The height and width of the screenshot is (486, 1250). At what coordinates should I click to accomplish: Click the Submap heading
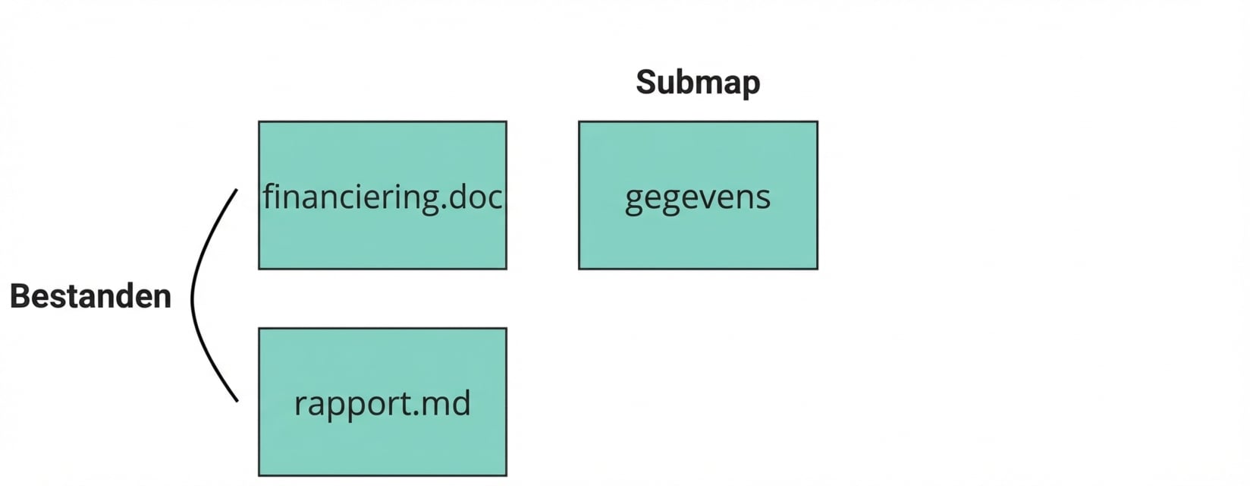pos(698,82)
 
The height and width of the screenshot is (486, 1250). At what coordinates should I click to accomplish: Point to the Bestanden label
pos(90,296)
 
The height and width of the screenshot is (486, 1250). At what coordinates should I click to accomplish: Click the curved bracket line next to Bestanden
pos(193,296)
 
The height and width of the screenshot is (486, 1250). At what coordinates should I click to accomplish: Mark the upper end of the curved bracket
pos(237,191)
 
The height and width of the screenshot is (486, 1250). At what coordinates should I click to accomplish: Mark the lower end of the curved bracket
pos(237,400)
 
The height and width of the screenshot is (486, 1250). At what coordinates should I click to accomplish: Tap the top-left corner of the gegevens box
pos(579,122)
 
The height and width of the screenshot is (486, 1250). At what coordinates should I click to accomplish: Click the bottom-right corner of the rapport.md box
pos(506,475)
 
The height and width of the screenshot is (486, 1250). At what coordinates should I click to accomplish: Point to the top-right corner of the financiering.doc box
pos(506,122)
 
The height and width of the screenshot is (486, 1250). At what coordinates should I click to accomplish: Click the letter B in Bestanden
pos(20,296)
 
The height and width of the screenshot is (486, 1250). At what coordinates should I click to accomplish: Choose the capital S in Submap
pos(646,82)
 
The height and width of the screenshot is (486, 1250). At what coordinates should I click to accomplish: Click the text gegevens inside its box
pos(698,197)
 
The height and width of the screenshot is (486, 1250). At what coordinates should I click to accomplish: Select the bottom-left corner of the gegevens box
pos(579,268)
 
